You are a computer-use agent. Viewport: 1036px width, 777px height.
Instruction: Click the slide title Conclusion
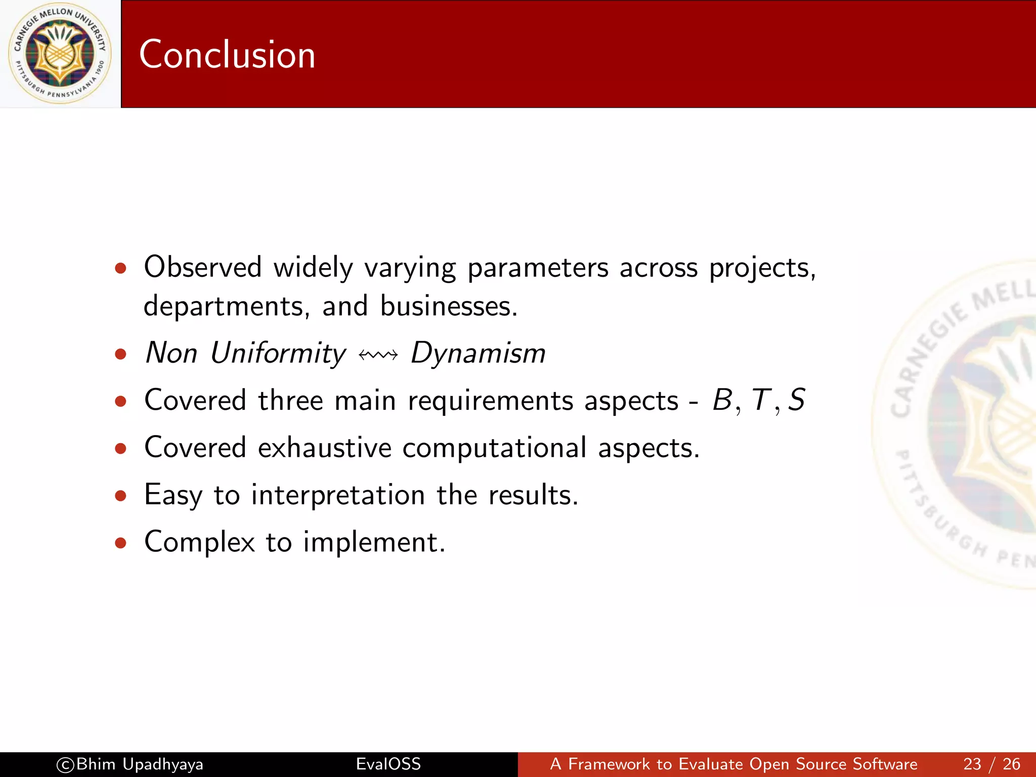click(x=227, y=55)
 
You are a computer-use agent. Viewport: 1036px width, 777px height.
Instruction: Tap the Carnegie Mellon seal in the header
click(x=60, y=54)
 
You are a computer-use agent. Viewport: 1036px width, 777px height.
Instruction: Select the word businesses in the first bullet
click(x=448, y=306)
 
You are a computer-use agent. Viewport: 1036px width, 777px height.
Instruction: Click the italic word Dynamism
click(x=478, y=353)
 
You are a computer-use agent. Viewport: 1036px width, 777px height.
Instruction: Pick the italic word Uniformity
click(x=278, y=353)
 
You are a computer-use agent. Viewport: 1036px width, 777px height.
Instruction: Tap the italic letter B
click(x=722, y=400)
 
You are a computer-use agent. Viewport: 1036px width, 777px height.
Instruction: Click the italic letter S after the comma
click(x=797, y=400)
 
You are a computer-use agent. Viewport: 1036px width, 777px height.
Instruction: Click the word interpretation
click(x=338, y=495)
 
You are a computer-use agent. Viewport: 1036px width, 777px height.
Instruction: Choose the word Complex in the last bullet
click(x=199, y=542)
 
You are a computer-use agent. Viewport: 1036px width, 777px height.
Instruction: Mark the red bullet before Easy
click(x=120, y=495)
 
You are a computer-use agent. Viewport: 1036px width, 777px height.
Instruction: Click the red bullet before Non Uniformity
click(x=120, y=354)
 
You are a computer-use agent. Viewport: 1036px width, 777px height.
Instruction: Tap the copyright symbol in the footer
click(x=65, y=765)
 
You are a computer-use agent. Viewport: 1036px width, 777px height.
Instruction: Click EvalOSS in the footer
click(x=388, y=764)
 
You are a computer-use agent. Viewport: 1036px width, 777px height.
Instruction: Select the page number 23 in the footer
click(x=972, y=764)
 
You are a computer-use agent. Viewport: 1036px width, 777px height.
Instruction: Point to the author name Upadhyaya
click(x=163, y=764)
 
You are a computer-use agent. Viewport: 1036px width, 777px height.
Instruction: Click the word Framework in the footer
click(x=609, y=764)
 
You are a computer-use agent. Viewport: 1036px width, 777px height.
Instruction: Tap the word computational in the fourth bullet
click(x=494, y=448)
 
